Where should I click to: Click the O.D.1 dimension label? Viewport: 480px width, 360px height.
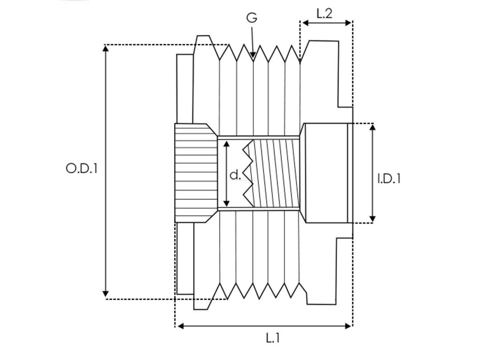coord(82,168)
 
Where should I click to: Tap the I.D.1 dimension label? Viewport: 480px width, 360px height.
coord(389,178)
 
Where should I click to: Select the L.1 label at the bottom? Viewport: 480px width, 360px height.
coord(273,338)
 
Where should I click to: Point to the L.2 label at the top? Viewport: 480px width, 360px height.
coord(324,14)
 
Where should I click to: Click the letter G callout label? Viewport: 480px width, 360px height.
coord(252,18)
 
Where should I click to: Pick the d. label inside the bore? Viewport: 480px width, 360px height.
coord(235,175)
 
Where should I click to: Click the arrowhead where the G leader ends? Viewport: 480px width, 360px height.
coord(253,55)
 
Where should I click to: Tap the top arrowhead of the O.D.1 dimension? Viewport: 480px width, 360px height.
coord(106,48)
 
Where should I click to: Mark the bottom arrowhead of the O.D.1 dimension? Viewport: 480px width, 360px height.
coord(106,294)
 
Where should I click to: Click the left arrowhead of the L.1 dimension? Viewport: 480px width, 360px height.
coord(181,326)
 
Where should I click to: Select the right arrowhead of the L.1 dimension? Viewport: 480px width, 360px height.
coord(348,326)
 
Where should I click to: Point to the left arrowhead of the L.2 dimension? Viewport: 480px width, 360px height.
coord(306,23)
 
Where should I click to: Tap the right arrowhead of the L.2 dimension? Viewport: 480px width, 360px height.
coord(348,23)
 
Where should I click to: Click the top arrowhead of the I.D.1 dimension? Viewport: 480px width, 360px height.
coord(373,127)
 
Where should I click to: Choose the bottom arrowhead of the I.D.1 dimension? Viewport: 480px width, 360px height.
coord(373,219)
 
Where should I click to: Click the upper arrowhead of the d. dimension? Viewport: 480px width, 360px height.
coord(226,144)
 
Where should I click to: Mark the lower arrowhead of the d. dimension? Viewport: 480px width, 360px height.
coord(226,204)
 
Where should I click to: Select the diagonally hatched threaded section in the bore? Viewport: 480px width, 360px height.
coord(276,173)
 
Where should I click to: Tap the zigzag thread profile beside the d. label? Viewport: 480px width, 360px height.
coord(248,173)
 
